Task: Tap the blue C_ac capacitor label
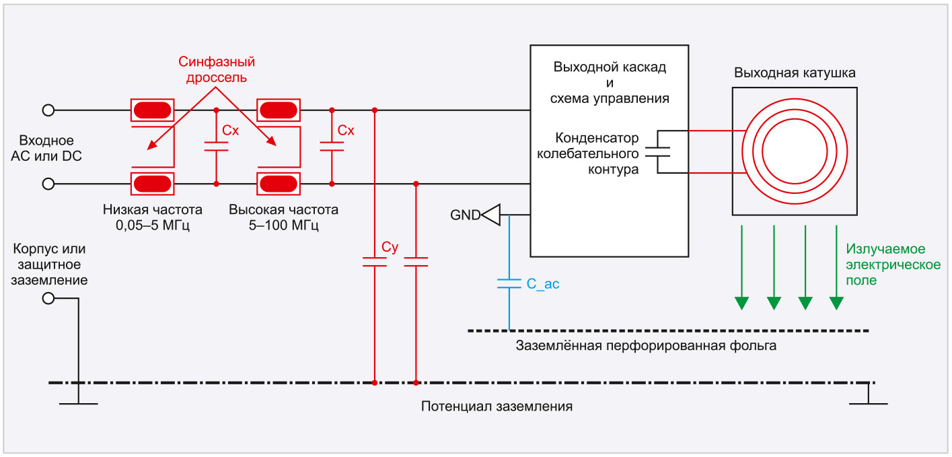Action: [x=542, y=285]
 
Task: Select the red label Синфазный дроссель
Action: [x=217, y=70]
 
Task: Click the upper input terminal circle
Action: [x=48, y=110]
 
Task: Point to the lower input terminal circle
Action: [x=48, y=184]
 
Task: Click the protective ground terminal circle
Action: [x=48, y=298]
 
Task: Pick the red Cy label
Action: [x=390, y=247]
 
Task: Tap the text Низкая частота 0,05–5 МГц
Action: [x=153, y=217]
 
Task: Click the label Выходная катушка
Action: [x=795, y=73]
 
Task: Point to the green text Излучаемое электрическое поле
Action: [x=893, y=264]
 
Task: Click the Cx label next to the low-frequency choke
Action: [x=231, y=131]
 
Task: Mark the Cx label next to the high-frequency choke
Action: [x=346, y=131]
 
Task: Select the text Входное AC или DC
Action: [x=56, y=148]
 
